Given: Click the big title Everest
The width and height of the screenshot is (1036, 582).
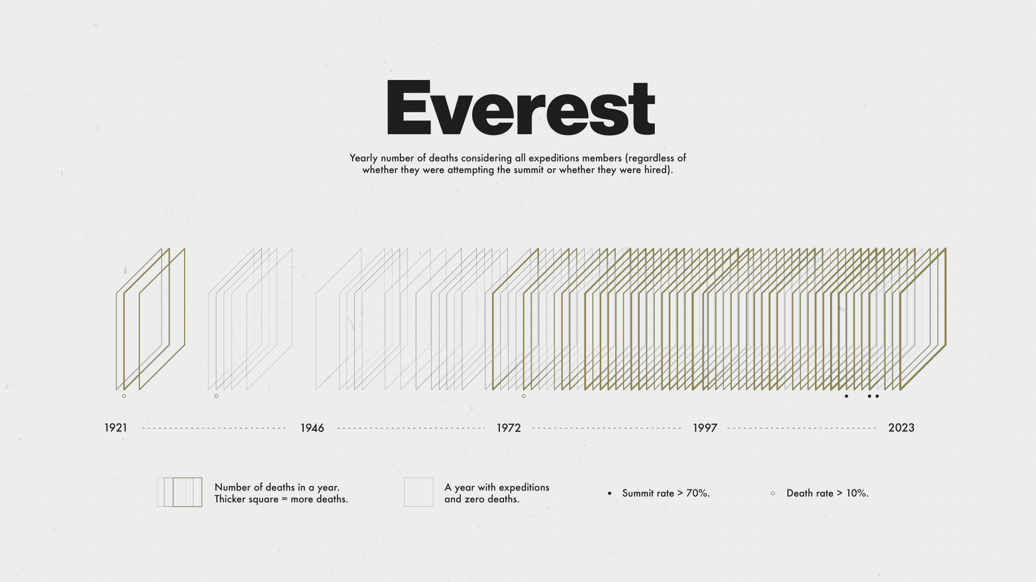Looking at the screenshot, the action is tap(520, 108).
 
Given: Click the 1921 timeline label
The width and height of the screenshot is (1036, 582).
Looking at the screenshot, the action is tap(115, 428).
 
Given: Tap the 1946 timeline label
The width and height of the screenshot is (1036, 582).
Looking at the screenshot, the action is tap(312, 428).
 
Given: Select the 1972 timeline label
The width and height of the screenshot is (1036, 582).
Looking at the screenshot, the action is tap(509, 428).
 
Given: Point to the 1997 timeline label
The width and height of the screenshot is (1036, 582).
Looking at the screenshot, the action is tap(705, 428).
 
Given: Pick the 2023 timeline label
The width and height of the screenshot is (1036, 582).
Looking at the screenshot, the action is tap(901, 428).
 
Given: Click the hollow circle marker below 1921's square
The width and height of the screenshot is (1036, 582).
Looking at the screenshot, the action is tap(124, 396).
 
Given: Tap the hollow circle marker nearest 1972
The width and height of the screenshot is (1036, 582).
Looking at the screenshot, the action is tap(524, 396).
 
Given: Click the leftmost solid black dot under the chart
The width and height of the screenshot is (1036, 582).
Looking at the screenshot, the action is tap(846, 396).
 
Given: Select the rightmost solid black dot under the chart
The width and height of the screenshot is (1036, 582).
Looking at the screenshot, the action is tap(877, 396).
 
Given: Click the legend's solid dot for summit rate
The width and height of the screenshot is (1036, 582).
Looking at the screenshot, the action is tap(610, 493).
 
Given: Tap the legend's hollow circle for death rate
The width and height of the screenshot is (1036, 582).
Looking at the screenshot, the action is tap(773, 493).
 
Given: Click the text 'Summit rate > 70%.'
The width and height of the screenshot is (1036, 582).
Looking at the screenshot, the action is tap(666, 493).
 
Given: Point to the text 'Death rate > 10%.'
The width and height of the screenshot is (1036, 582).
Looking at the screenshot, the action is tap(827, 493).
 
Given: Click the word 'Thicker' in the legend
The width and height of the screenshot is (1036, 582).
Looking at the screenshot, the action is tap(230, 499).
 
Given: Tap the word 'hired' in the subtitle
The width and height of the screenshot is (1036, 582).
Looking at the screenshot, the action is tap(656, 170).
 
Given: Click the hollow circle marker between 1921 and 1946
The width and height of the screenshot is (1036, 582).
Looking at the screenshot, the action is tap(216, 396).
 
